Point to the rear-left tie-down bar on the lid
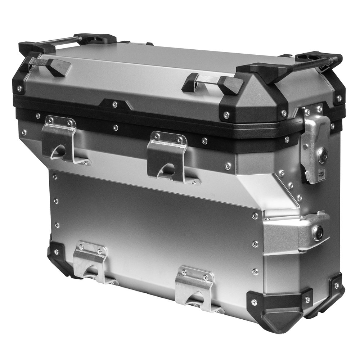(68, 40)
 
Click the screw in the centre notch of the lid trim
(115, 104)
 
